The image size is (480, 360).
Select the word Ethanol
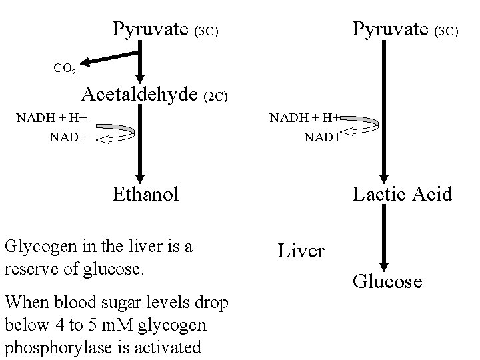coord(146,194)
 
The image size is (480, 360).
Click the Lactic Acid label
coord(402,194)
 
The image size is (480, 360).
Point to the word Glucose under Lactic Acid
coord(387,281)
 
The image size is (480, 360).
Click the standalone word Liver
coord(301,251)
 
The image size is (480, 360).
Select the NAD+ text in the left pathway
coord(69,138)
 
